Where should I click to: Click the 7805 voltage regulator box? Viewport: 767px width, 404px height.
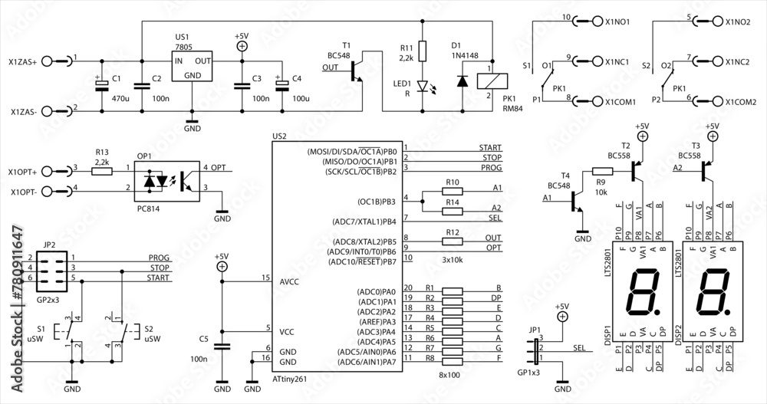(193, 67)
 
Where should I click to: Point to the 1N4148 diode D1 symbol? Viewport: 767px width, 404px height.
(461, 79)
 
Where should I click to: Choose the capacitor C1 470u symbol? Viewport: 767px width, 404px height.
(100, 86)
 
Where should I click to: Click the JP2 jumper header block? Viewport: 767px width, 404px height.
(49, 268)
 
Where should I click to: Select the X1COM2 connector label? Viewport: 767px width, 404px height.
(741, 100)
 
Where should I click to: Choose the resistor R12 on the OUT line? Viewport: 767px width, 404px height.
(453, 241)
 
